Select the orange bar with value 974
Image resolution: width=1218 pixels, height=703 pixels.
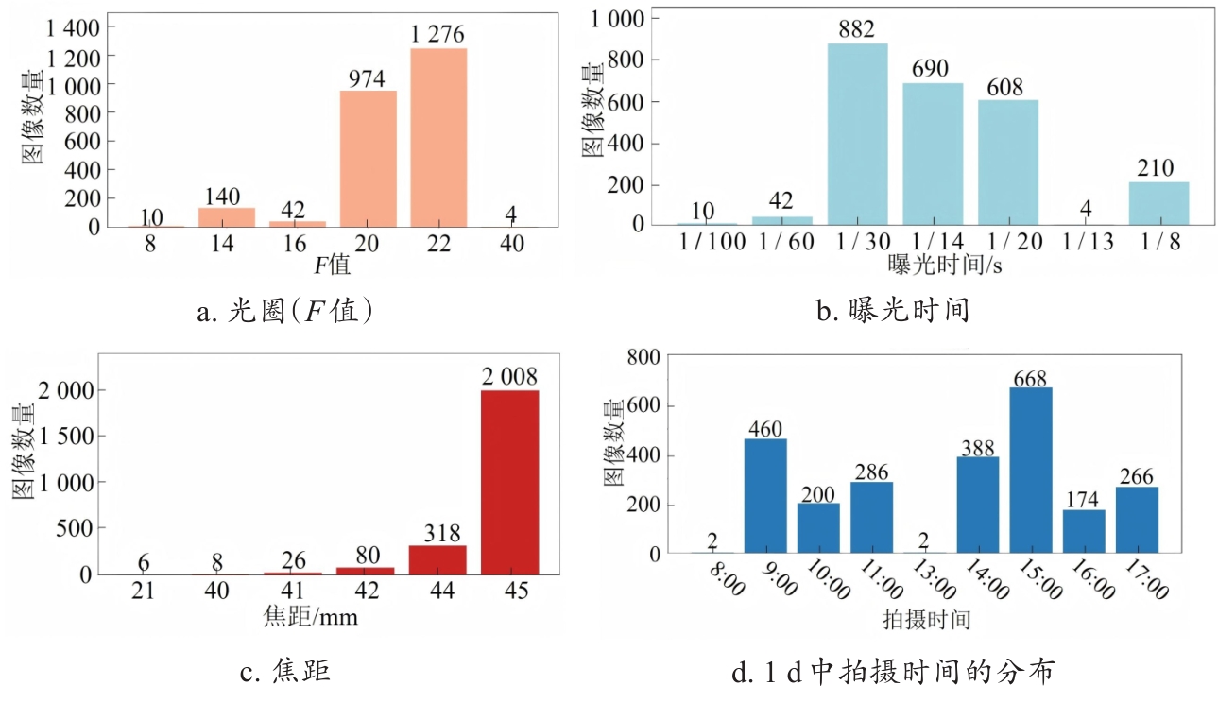pyautogui.click(x=368, y=159)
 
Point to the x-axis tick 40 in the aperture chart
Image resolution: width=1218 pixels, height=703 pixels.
pyautogui.click(x=510, y=244)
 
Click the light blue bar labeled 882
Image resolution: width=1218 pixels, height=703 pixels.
pyautogui.click(x=858, y=134)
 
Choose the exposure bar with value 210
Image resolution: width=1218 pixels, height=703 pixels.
pyautogui.click(x=1158, y=203)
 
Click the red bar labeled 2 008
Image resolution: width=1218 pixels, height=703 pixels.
pyautogui.click(x=510, y=482)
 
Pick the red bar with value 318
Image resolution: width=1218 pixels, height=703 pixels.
pyautogui.click(x=437, y=559)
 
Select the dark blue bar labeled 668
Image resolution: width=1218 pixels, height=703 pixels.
pyautogui.click(x=1030, y=470)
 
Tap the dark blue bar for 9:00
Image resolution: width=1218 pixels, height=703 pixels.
pyautogui.click(x=765, y=496)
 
